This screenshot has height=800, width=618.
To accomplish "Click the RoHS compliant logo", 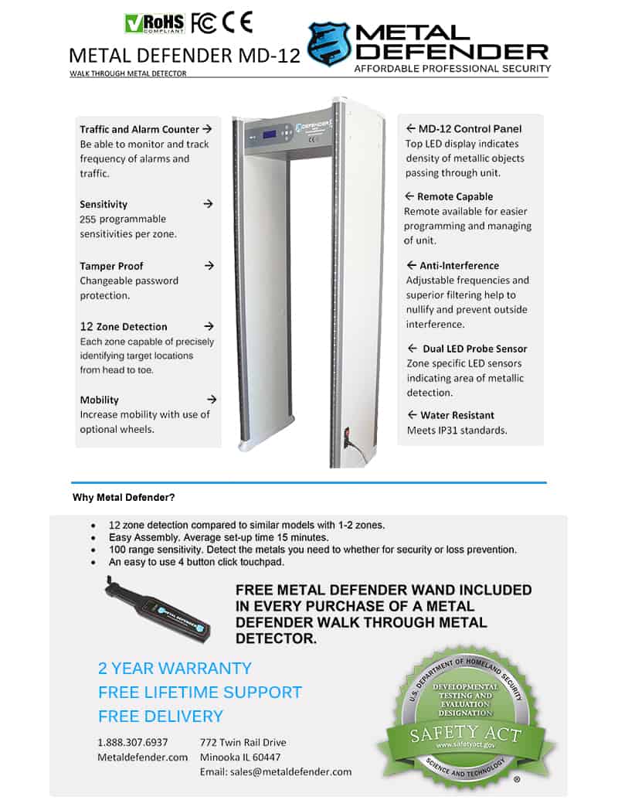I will click(154, 23).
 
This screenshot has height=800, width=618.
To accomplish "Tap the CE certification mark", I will click(237, 22).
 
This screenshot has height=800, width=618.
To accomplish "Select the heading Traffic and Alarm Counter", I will click(139, 129).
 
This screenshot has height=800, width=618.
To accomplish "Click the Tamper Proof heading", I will click(112, 266).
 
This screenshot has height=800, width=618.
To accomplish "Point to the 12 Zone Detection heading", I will click(124, 326).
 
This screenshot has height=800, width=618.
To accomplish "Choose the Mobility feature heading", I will click(100, 400).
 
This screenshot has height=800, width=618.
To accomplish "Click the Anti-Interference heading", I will click(459, 265).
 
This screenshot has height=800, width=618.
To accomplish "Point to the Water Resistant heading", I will click(457, 415).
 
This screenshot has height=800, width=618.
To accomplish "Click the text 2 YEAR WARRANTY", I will click(175, 668).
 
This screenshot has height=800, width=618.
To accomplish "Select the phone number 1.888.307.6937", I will click(133, 742).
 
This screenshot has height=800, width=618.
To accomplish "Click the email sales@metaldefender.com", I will click(276, 771).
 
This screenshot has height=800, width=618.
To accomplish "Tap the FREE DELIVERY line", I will click(161, 716).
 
